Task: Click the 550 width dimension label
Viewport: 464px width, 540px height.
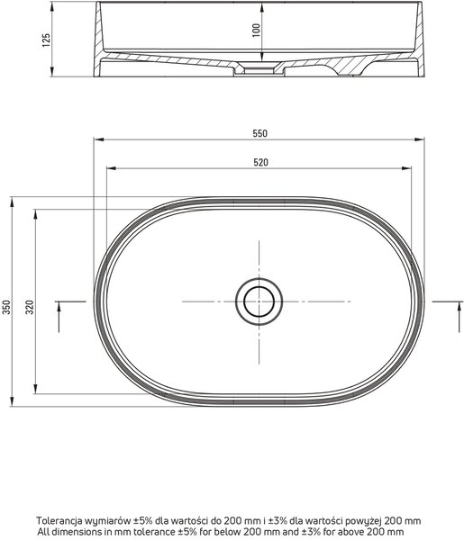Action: coord(259,133)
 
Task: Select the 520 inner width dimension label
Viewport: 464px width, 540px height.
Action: coord(260,162)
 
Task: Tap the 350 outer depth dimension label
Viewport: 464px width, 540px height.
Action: coord(7,307)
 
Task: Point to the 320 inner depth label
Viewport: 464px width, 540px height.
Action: coord(31,307)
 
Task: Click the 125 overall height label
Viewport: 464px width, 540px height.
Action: coord(46,40)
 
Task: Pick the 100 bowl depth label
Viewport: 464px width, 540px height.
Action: coord(256,31)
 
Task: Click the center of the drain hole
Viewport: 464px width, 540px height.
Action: coord(259,301)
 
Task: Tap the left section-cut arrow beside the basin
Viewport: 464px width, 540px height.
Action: coord(59,317)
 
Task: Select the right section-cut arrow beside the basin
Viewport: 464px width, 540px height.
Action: coord(459,317)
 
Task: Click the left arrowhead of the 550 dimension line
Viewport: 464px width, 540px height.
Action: coord(98,139)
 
